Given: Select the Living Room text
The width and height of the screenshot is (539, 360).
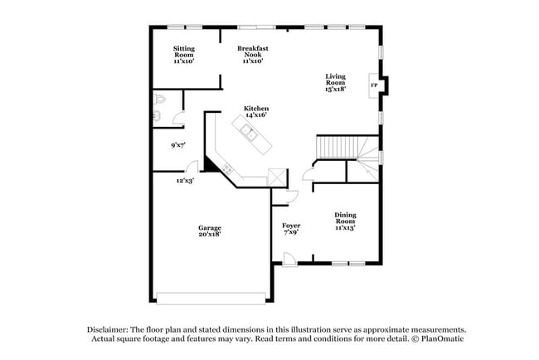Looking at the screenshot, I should tap(335, 80).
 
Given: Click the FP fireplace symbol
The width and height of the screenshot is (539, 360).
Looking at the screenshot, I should tap(374, 85).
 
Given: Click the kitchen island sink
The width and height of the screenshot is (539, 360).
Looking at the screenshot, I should tap(248, 130).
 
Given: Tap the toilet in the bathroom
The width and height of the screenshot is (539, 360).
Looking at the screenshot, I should tap(159, 102).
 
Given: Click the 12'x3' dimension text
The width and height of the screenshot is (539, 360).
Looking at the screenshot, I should tap(185, 179).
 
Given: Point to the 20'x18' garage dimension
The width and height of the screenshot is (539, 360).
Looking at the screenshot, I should tap(209, 235).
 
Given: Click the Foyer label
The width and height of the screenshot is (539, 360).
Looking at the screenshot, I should tap(291, 225).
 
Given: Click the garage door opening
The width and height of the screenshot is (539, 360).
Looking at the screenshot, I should tap(212, 296).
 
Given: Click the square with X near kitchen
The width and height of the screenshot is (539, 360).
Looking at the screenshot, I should tap(275, 178).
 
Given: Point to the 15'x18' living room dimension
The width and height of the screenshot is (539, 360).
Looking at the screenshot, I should tap(335, 88).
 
